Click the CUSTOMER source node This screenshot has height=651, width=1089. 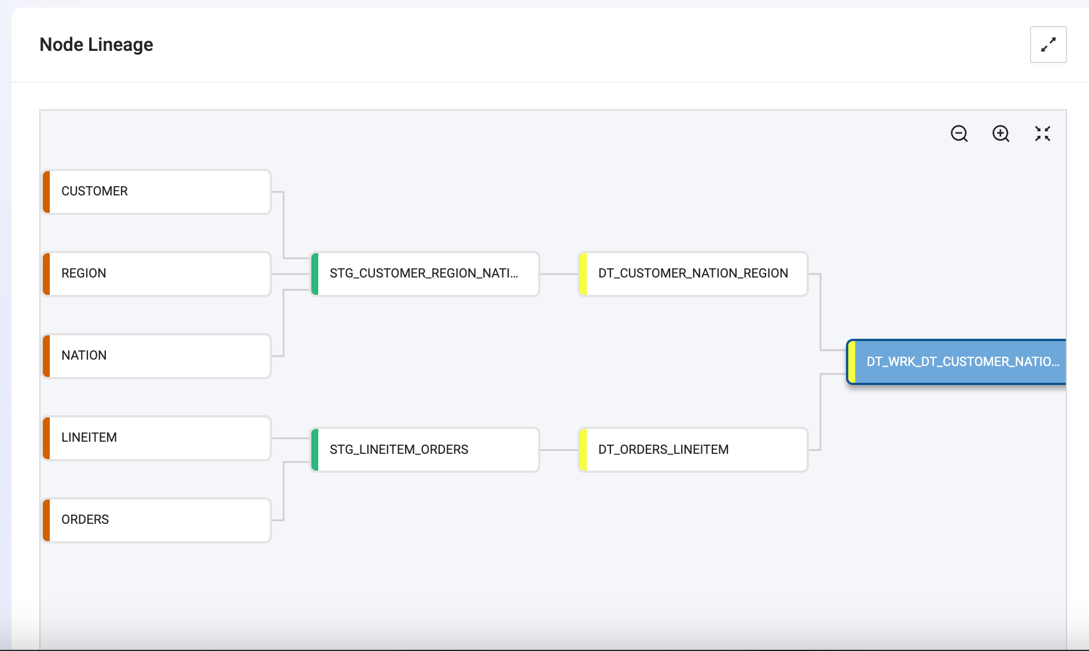(157, 192)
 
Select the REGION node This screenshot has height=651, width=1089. (157, 274)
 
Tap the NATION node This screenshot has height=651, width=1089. (157, 356)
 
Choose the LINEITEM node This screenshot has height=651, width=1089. (157, 438)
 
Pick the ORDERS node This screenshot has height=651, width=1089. (157, 520)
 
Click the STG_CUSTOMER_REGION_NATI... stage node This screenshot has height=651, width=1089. (425, 274)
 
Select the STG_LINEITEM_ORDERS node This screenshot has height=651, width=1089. (425, 450)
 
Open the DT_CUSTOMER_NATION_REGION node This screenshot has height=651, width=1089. (693, 274)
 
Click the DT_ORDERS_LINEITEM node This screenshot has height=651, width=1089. (693, 450)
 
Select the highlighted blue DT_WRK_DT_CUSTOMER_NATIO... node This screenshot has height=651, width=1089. (956, 362)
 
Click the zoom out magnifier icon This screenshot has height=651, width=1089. (959, 134)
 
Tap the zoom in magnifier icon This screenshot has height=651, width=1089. (1001, 134)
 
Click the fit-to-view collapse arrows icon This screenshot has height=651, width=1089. (1043, 134)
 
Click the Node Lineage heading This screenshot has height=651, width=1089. (96, 45)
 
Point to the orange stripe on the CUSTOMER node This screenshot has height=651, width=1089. (46, 192)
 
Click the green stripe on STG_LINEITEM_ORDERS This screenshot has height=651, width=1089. (315, 450)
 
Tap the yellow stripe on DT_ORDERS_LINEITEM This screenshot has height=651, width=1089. (583, 450)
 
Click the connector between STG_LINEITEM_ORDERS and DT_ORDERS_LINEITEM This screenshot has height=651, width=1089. (560, 450)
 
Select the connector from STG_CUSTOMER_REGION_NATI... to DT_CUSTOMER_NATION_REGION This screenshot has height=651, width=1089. (560, 274)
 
